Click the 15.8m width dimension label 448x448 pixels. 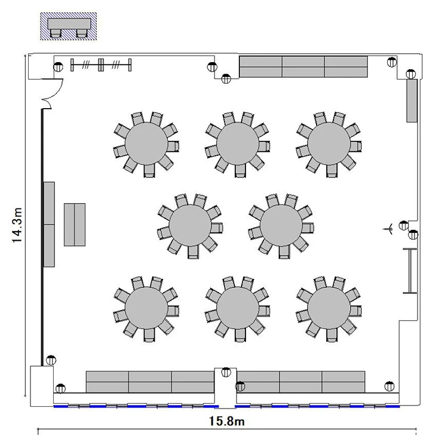226,421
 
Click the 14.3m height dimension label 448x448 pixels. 17,225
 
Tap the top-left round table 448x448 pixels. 146,144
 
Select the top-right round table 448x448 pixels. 329,144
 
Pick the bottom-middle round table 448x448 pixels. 238,308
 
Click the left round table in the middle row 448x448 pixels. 190,225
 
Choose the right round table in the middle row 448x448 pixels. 281,225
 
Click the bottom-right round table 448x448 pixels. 329,308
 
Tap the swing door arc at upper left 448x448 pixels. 59,91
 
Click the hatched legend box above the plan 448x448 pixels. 68,26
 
